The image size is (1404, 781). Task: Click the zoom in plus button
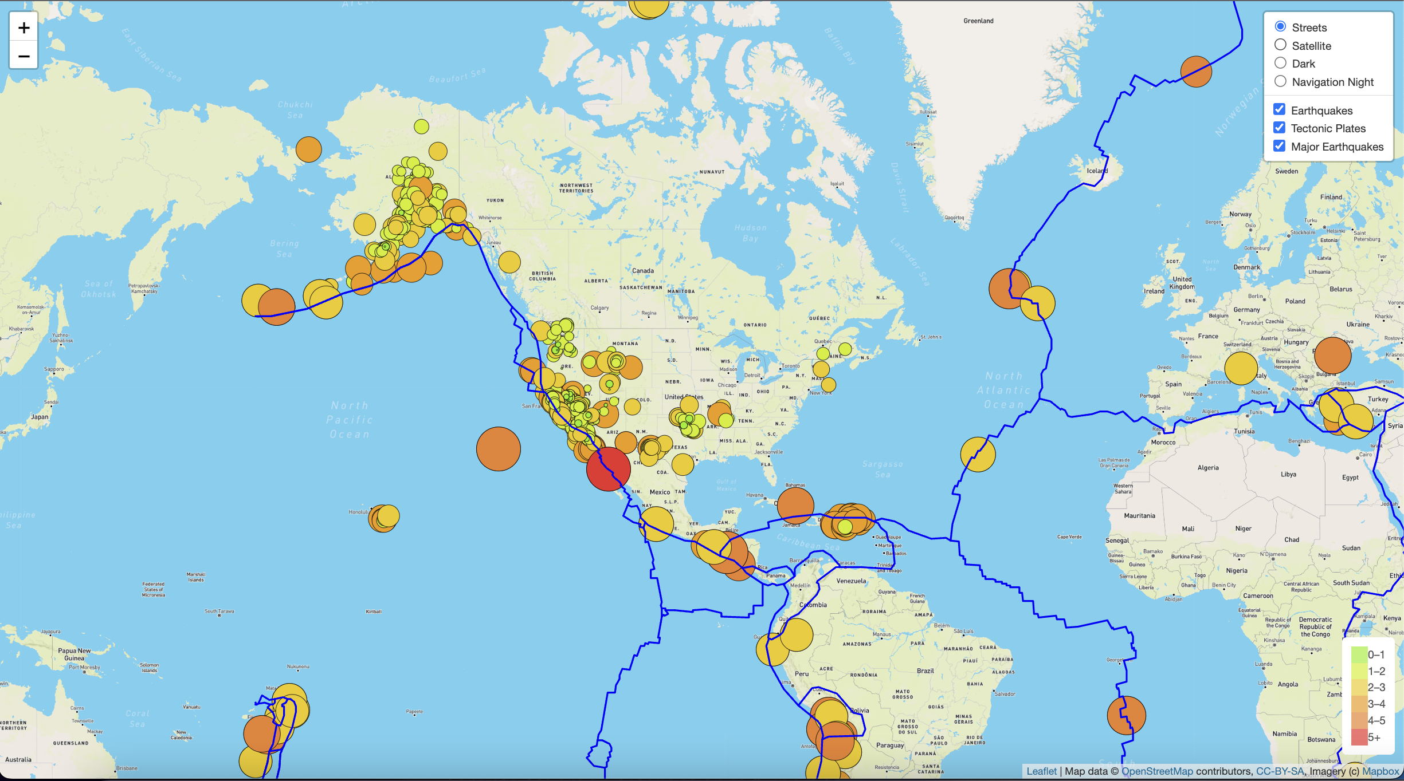pyautogui.click(x=23, y=27)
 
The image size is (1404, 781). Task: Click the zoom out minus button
pyautogui.click(x=23, y=56)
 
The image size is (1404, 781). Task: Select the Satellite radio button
pyautogui.click(x=1280, y=45)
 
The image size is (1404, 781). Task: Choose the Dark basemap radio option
pyautogui.click(x=1280, y=63)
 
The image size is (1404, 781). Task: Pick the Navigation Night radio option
pyautogui.click(x=1280, y=81)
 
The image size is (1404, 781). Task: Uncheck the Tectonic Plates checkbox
pyautogui.click(x=1279, y=128)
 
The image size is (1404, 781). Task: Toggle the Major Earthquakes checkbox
pyautogui.click(x=1279, y=146)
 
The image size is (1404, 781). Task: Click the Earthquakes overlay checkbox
pyautogui.click(x=1279, y=110)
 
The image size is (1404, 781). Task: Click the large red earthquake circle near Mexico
pyautogui.click(x=608, y=469)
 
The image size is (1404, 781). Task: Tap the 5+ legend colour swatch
pyautogui.click(x=1359, y=737)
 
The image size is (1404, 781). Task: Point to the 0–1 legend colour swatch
pyautogui.click(x=1359, y=654)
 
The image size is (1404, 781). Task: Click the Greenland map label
pyautogui.click(x=978, y=21)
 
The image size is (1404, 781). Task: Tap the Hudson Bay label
pyautogui.click(x=750, y=233)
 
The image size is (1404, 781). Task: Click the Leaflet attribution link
pyautogui.click(x=1041, y=771)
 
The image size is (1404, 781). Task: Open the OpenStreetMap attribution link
pyautogui.click(x=1156, y=771)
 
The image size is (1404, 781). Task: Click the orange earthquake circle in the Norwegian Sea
pyautogui.click(x=1196, y=72)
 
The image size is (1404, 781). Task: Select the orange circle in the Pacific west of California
pyautogui.click(x=498, y=449)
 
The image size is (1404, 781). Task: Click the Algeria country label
pyautogui.click(x=1208, y=468)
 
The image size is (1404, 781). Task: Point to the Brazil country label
pyautogui.click(x=925, y=670)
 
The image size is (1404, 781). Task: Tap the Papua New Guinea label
pyautogui.click(x=74, y=654)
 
